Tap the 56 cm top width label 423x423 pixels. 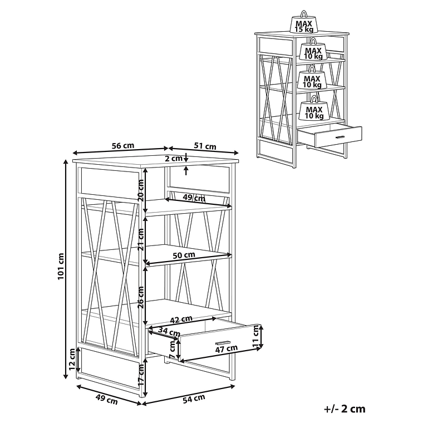pyautogui.click(x=123, y=145)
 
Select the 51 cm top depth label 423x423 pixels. pyautogui.click(x=205, y=146)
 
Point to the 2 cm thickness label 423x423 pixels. pyautogui.click(x=174, y=159)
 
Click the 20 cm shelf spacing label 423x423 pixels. pyautogui.click(x=141, y=190)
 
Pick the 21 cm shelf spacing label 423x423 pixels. pyautogui.click(x=141, y=239)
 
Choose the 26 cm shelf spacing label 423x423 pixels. pyautogui.click(x=141, y=297)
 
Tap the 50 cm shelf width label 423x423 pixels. pyautogui.click(x=184, y=255)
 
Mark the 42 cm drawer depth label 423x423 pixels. pyautogui.click(x=181, y=319)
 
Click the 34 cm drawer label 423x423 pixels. pyautogui.click(x=169, y=331)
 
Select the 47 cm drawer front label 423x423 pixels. pyautogui.click(x=226, y=349)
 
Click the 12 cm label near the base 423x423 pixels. pyautogui.click(x=72, y=359)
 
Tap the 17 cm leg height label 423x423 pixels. pyautogui.click(x=141, y=375)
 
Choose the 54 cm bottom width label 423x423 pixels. pyautogui.click(x=194, y=399)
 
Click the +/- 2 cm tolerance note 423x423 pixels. pyautogui.click(x=345, y=409)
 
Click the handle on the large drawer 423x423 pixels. pyautogui.click(x=223, y=342)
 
